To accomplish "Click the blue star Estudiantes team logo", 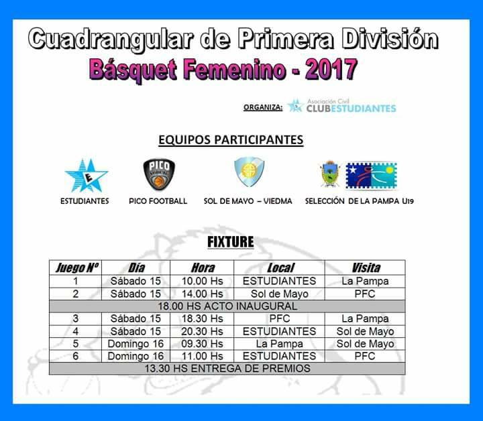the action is pyautogui.click(x=87, y=176).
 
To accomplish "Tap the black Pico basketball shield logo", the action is pyautogui.click(x=159, y=174).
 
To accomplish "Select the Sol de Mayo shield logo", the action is pyautogui.click(x=249, y=172).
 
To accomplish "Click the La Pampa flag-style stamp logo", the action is pyautogui.click(x=371, y=176).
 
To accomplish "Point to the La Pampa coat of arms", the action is pyautogui.click(x=330, y=174).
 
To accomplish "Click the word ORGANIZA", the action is pyautogui.click(x=263, y=107).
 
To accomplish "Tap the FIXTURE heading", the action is pyautogui.click(x=231, y=242).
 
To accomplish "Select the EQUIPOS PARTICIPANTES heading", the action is pyautogui.click(x=231, y=139).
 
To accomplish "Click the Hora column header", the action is pyautogui.click(x=203, y=267).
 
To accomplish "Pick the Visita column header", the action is pyautogui.click(x=366, y=267).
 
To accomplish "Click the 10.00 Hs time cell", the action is pyautogui.click(x=202, y=281).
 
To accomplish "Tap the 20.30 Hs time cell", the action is pyautogui.click(x=202, y=331).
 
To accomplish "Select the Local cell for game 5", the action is pyautogui.click(x=279, y=344).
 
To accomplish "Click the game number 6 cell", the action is pyautogui.click(x=75, y=356).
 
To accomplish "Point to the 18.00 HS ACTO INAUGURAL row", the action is pyautogui.click(x=227, y=306).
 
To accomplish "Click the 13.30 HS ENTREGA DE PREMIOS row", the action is pyautogui.click(x=227, y=369).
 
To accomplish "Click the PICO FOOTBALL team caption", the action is pyautogui.click(x=158, y=201).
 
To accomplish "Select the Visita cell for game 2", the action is pyautogui.click(x=365, y=294).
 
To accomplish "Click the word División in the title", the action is pyautogui.click(x=390, y=38).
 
